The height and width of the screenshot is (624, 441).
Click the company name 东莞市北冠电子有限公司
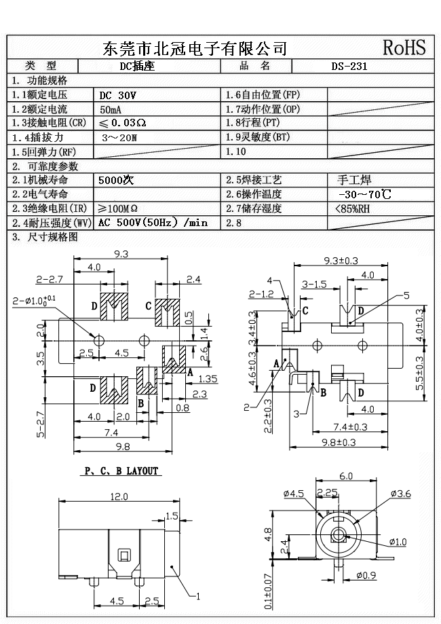pos(195,48)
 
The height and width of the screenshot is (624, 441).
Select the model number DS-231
pos(349,67)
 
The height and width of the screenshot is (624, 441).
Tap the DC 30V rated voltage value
pos(117,96)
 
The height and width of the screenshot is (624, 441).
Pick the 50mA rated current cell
pos(111,110)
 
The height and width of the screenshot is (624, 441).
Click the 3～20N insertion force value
pos(119,138)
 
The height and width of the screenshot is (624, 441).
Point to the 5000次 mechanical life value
pos(117,181)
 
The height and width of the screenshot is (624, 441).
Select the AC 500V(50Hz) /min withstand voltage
pos(153,223)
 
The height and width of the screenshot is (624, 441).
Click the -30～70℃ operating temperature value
pos(364,195)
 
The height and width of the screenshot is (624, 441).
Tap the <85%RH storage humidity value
pos(353,209)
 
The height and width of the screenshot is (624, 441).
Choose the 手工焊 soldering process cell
pos(353,181)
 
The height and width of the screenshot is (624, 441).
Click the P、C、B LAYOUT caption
pos(120,471)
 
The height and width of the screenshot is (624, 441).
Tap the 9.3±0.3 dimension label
pos(341,260)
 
